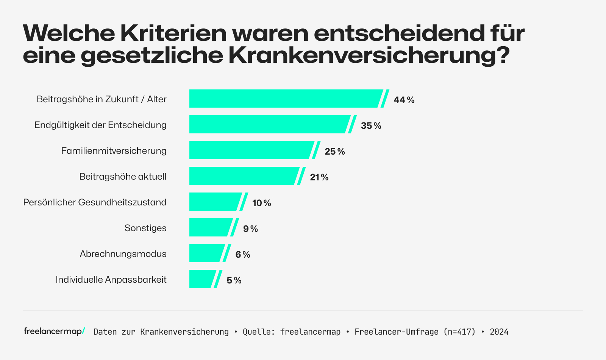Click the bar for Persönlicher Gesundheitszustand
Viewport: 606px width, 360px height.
(x=214, y=202)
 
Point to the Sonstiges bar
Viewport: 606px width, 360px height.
(x=210, y=227)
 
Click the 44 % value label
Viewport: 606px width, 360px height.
(x=404, y=100)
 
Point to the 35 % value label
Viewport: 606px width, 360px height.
(x=371, y=126)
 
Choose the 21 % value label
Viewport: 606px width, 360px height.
(x=319, y=177)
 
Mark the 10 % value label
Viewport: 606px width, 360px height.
(x=262, y=203)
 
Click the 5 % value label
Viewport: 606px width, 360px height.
(x=234, y=280)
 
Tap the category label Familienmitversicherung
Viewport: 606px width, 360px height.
(x=114, y=151)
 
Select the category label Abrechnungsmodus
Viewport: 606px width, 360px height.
(x=123, y=254)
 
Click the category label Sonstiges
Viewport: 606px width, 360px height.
(x=145, y=228)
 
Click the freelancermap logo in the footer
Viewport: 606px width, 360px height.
(x=54, y=331)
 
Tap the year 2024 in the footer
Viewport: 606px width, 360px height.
(x=499, y=332)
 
